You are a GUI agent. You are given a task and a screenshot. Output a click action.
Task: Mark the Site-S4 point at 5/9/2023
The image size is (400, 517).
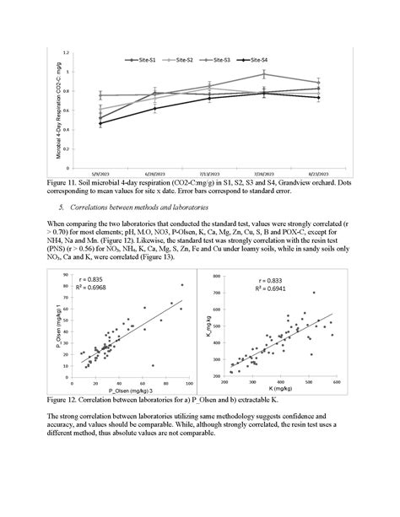click(101, 123)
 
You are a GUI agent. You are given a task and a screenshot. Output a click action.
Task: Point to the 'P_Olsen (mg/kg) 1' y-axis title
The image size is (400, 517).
click(60, 329)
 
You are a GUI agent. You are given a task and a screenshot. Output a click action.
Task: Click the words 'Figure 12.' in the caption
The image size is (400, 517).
click(66, 399)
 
